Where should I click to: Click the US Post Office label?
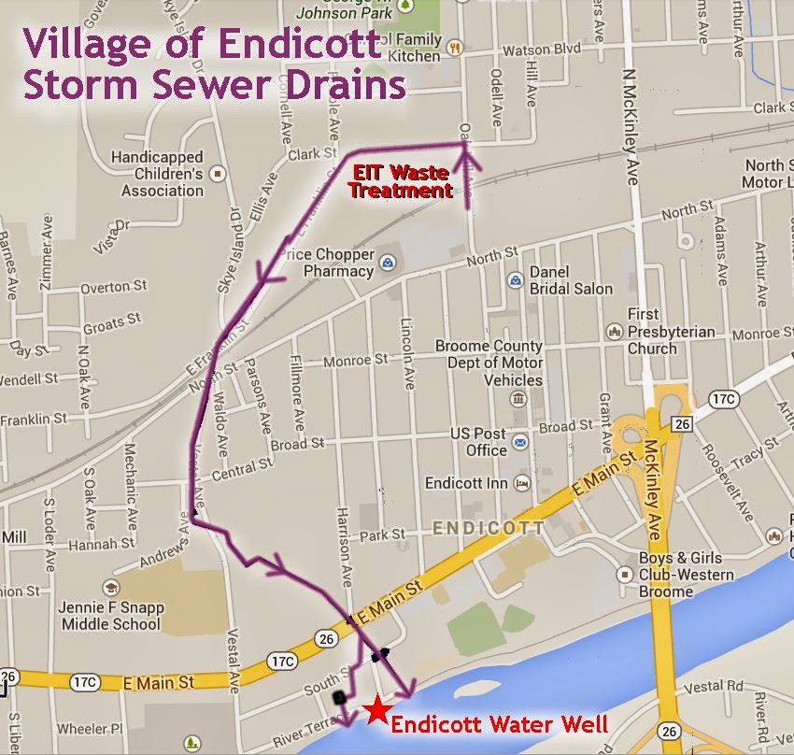click(479, 442)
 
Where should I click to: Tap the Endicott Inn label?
click(466, 484)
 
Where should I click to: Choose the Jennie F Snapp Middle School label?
click(110, 615)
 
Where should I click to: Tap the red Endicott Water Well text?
click(500, 724)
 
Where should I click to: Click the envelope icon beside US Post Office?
click(520, 441)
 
